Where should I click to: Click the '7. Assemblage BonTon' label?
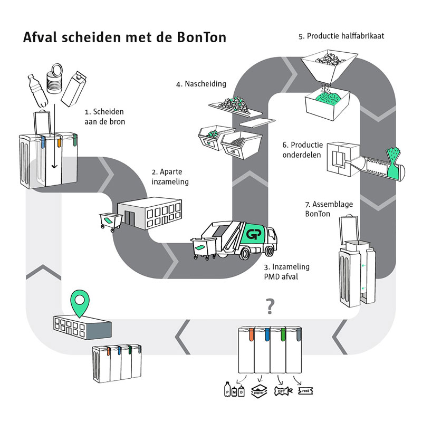(323, 209)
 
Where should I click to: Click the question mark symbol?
(270, 304)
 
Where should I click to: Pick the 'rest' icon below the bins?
(306, 391)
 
